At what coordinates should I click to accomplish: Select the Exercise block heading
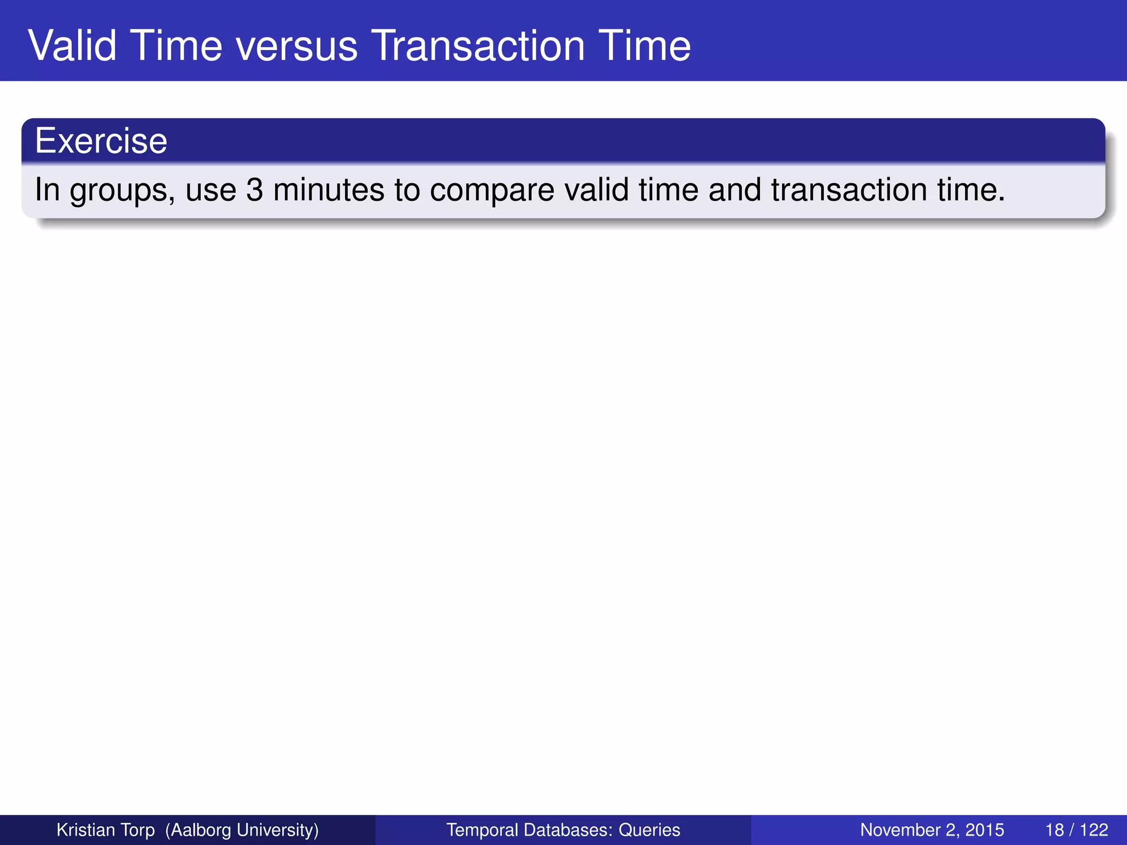[101, 141]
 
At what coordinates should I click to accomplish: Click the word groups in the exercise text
[122, 190]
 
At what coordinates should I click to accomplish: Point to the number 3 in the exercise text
[254, 190]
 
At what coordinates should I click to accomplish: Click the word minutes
[329, 190]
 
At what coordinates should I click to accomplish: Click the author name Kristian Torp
[106, 830]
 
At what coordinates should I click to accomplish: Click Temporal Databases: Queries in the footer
[563, 830]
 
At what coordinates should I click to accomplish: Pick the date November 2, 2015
[932, 830]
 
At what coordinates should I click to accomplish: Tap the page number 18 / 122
[1076, 830]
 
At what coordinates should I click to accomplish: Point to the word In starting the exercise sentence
[47, 190]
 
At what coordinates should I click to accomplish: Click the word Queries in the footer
[649, 830]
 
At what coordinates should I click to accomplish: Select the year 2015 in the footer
[984, 830]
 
